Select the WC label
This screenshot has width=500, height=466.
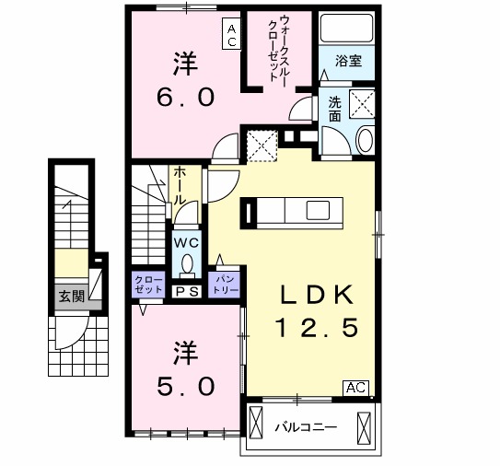[x=187, y=243]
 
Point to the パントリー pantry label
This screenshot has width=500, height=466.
[x=226, y=283]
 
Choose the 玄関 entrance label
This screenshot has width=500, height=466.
[x=69, y=297]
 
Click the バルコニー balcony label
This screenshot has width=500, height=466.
[x=306, y=427]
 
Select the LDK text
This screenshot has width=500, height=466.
[x=318, y=296]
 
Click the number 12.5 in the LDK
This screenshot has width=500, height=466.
[x=317, y=329]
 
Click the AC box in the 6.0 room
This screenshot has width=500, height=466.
[x=231, y=35]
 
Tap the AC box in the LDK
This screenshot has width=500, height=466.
[x=356, y=388]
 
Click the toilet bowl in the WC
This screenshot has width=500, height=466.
[x=188, y=264]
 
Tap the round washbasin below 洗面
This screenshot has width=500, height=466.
[x=364, y=141]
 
